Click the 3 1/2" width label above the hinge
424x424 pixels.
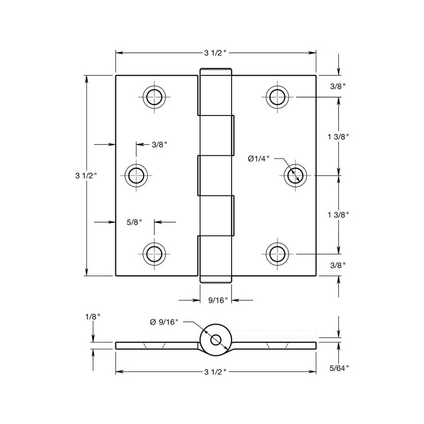(x=216, y=53)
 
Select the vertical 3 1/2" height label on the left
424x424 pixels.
(x=86, y=175)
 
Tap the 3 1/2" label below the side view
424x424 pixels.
(x=216, y=372)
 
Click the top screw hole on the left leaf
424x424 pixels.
(x=154, y=97)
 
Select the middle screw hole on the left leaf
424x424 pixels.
(x=136, y=175)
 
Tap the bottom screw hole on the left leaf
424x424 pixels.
(x=154, y=254)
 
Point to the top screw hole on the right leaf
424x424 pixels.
(x=277, y=97)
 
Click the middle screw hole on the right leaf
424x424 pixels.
(x=295, y=175)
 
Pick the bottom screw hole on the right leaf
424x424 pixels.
(x=277, y=254)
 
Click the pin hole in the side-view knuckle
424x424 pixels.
(x=215, y=340)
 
